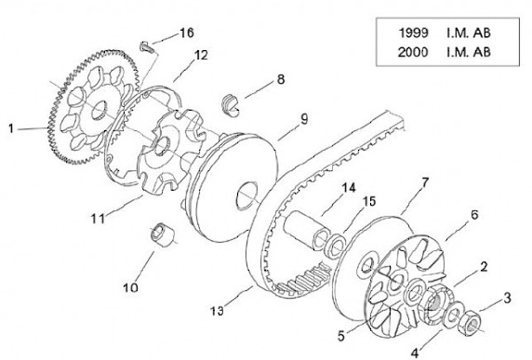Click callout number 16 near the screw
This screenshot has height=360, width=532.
tap(185, 33)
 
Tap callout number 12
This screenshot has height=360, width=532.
tap(201, 55)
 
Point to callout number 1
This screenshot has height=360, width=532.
tap(11, 129)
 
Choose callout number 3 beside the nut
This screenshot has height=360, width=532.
tap(508, 297)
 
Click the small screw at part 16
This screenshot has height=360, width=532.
tap(145, 48)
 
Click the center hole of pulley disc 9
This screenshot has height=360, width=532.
tap(243, 196)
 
